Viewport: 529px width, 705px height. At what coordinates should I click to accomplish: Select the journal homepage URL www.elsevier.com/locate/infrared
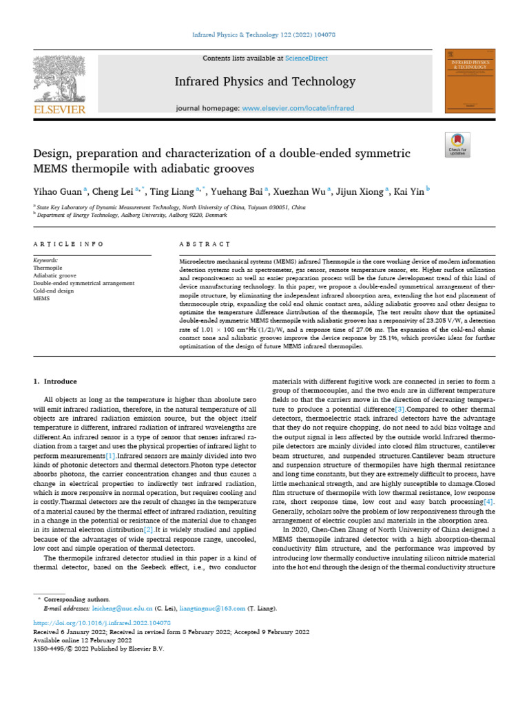pyautogui.click(x=298, y=109)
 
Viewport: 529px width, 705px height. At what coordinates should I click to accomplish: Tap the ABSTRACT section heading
pyautogui.click(x=204, y=244)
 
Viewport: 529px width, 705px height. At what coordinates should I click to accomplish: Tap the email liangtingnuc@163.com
pyautogui.click(x=212, y=609)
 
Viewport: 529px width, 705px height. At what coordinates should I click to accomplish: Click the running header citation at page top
pyautogui.click(x=264, y=34)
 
